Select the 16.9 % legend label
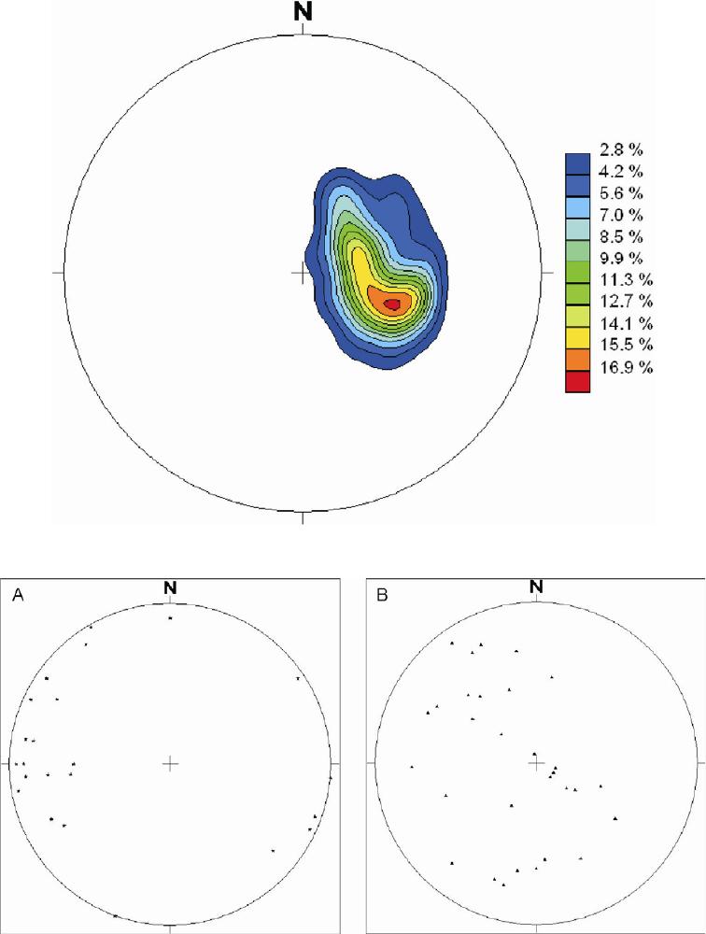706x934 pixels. (x=627, y=367)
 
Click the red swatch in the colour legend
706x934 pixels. (x=578, y=382)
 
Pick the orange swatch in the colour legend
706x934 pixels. (x=578, y=361)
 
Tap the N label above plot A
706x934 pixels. (x=171, y=587)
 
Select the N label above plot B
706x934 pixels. (x=536, y=587)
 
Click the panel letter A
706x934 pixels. (x=18, y=595)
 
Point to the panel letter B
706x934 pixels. (x=382, y=595)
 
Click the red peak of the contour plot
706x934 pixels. (x=392, y=304)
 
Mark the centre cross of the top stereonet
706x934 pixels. (x=301, y=273)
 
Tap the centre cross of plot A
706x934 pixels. (x=170, y=764)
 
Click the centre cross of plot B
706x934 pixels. (x=536, y=764)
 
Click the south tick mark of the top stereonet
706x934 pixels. (x=302, y=517)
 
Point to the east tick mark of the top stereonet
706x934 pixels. (x=547, y=273)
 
